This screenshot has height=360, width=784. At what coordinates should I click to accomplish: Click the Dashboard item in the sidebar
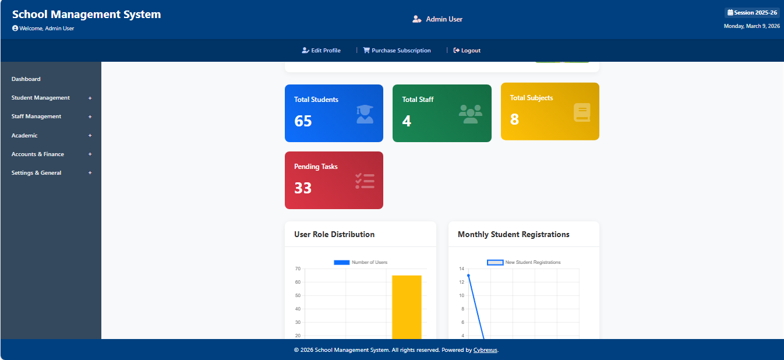pyautogui.click(x=26, y=79)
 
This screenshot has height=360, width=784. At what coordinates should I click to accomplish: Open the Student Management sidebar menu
pyautogui.click(x=41, y=98)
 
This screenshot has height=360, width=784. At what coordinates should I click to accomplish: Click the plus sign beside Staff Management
pyautogui.click(x=90, y=117)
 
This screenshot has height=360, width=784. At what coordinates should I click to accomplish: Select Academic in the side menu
pyautogui.click(x=24, y=136)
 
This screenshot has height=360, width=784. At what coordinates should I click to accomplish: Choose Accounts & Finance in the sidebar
pyautogui.click(x=38, y=154)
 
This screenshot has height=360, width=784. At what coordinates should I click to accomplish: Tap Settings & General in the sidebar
pyautogui.click(x=36, y=173)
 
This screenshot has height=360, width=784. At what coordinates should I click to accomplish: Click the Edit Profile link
pyautogui.click(x=321, y=51)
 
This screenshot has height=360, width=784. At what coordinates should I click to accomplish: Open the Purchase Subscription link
pyautogui.click(x=397, y=51)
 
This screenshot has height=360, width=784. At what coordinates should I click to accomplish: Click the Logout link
pyautogui.click(x=467, y=51)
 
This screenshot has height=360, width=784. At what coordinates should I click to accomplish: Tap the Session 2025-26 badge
pyautogui.click(x=752, y=13)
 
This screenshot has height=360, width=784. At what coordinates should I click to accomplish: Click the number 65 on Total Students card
pyautogui.click(x=303, y=121)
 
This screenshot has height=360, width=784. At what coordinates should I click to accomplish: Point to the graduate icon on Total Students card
pyautogui.click(x=365, y=114)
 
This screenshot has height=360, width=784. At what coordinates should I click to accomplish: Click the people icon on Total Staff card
pyautogui.click(x=470, y=113)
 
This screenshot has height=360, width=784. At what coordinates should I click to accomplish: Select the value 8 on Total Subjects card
pyautogui.click(x=514, y=119)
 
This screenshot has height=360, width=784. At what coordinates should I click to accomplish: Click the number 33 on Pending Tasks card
pyautogui.click(x=303, y=188)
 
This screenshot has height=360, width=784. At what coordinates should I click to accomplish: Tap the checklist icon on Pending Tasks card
pyautogui.click(x=365, y=181)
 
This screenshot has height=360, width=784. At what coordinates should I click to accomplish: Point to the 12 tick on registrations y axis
pyautogui.click(x=461, y=282)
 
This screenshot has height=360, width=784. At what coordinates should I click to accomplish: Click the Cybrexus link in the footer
pyautogui.click(x=485, y=350)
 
